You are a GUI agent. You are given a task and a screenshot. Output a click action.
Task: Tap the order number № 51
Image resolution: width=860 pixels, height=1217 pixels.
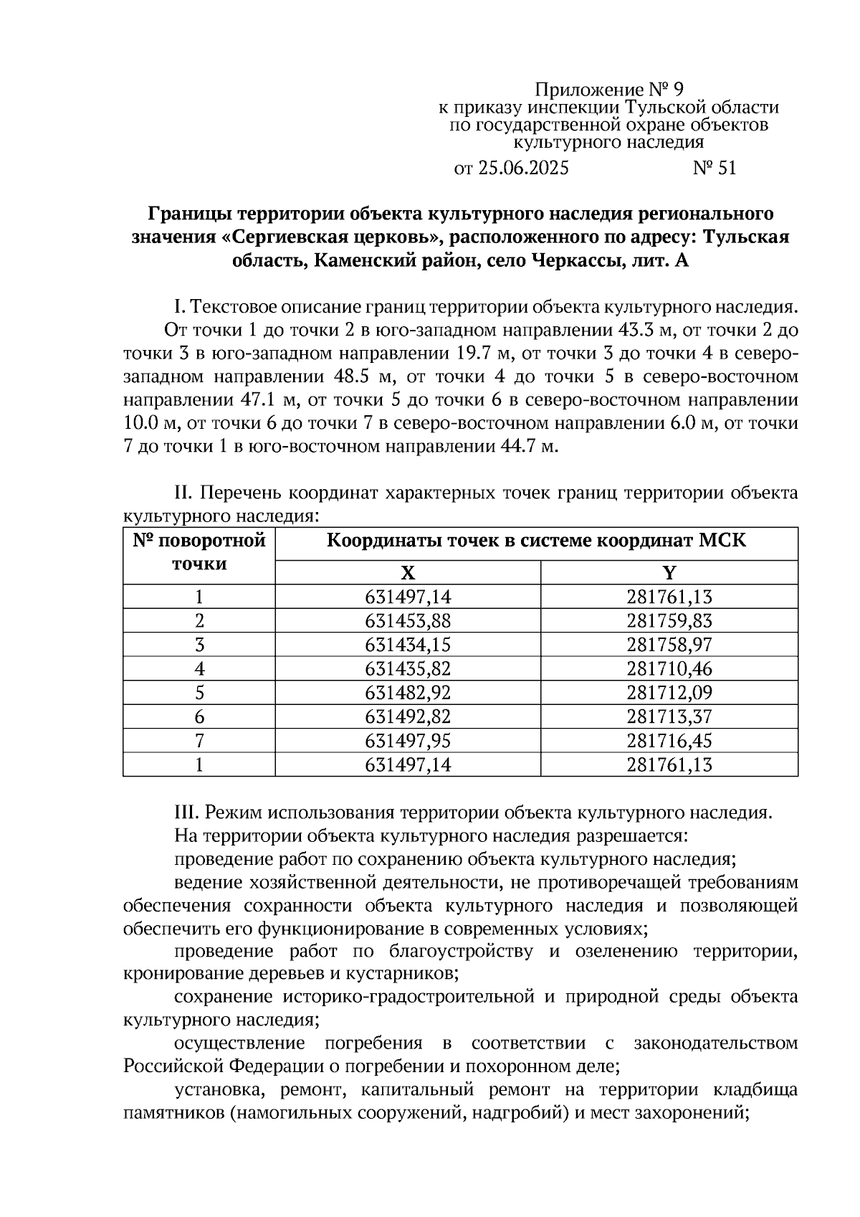click(x=714, y=169)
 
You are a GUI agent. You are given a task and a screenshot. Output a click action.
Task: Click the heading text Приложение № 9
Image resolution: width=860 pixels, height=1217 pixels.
click(x=610, y=90)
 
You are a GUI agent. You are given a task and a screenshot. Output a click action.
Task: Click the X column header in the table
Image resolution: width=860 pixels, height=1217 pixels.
click(x=407, y=572)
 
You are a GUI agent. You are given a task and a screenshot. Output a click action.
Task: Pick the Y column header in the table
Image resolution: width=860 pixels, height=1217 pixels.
click(x=669, y=572)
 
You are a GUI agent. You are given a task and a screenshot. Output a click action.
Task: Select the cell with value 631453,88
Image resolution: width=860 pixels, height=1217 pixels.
click(x=407, y=620)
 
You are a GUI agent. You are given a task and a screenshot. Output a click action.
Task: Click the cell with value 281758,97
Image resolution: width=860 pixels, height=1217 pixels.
click(x=669, y=645)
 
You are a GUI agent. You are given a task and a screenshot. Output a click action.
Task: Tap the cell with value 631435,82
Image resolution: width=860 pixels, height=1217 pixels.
click(x=407, y=669)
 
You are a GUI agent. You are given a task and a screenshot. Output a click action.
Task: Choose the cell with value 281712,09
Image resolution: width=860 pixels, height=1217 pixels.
click(x=669, y=693)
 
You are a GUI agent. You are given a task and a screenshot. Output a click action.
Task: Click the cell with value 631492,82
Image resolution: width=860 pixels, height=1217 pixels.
click(x=407, y=717)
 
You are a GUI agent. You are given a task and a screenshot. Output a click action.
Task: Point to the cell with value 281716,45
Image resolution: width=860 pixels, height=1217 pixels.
click(x=669, y=741)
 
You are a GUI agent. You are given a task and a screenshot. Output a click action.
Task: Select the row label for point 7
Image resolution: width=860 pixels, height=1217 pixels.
click(x=199, y=741)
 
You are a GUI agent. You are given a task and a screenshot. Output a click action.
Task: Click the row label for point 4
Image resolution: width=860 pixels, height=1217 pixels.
click(x=199, y=669)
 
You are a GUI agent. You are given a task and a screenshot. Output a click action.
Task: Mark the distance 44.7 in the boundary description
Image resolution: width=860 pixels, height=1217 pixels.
click(x=517, y=447)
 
